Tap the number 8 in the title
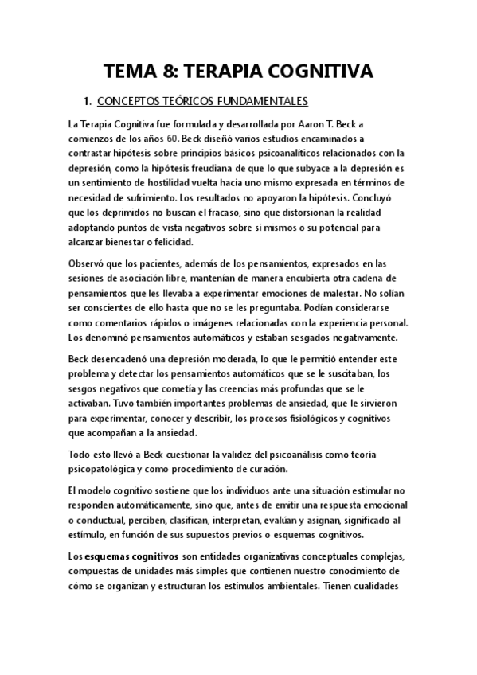click(x=174, y=72)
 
